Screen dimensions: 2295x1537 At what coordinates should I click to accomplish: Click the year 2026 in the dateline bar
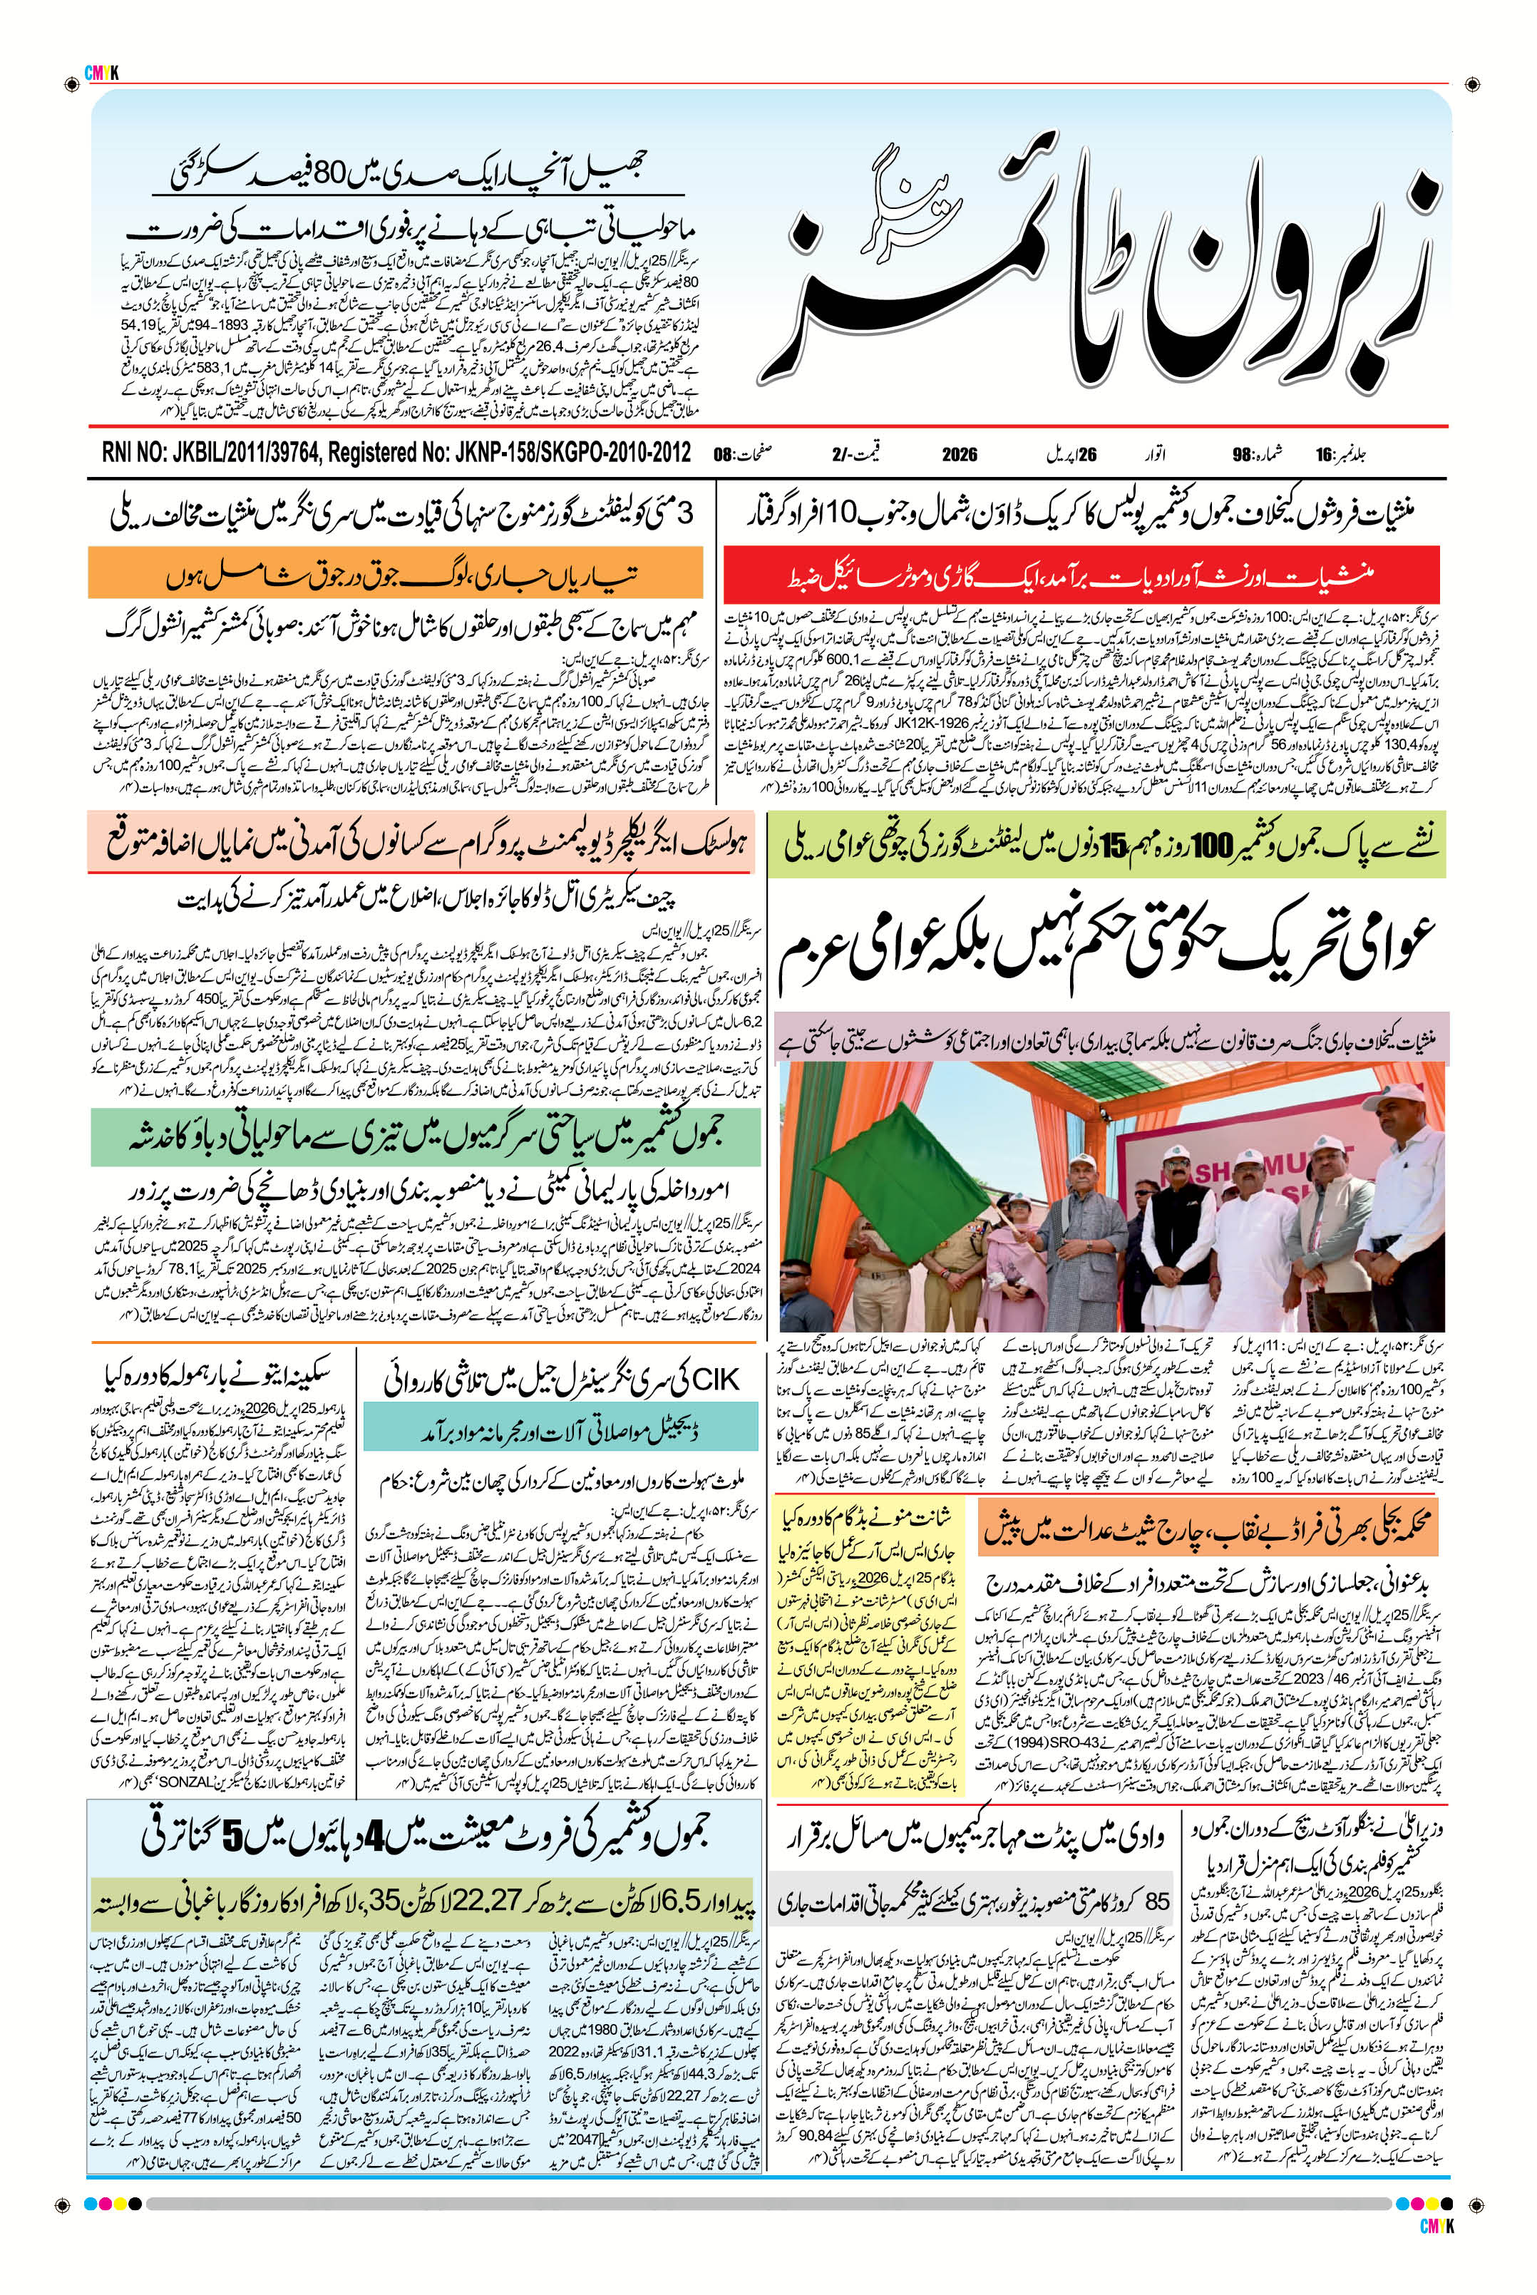962,454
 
